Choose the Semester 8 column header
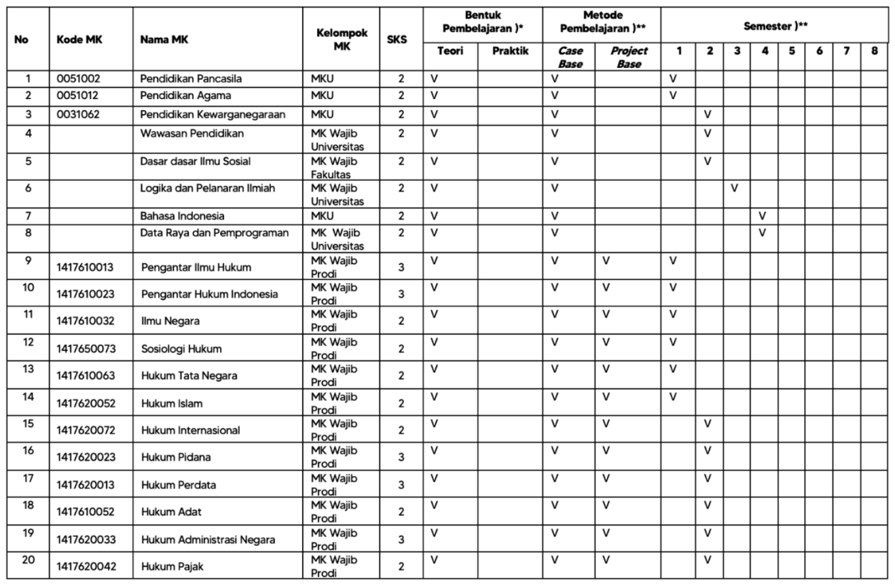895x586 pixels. pyautogui.click(x=874, y=51)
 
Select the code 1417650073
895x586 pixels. pyautogui.click(x=86, y=349)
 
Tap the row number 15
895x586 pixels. pyautogui.click(x=28, y=424)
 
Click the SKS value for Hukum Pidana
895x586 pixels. pyautogui.click(x=401, y=457)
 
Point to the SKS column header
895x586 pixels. pyautogui.click(x=397, y=39)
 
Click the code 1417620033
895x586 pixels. pyautogui.click(x=86, y=540)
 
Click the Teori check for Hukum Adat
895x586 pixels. pyautogui.click(x=434, y=504)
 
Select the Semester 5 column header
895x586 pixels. pyautogui.click(x=791, y=51)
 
